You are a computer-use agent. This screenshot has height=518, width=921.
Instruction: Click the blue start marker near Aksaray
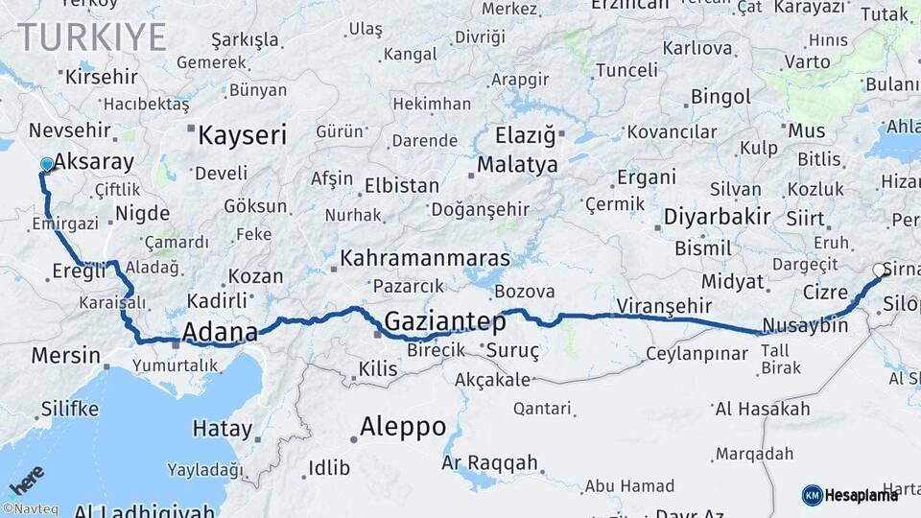(46, 165)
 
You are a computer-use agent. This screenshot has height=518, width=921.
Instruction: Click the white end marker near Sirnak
(878, 271)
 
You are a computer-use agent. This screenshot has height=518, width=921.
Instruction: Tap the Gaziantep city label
(444, 321)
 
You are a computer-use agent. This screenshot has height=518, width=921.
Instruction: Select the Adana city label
(220, 333)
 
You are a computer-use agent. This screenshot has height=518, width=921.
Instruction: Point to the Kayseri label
(242, 135)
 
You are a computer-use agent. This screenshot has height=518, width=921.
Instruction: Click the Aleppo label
(403, 426)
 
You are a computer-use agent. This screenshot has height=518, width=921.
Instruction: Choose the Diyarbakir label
(718, 217)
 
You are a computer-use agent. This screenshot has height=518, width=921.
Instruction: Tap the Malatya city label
(517, 165)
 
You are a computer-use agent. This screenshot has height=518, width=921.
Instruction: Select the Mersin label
(65, 356)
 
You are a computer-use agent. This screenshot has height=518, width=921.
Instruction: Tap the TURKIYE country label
(93, 37)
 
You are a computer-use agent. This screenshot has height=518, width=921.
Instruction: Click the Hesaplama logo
(850, 495)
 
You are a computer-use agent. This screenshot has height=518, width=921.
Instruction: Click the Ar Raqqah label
(489, 463)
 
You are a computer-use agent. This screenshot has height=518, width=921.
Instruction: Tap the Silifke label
(69, 410)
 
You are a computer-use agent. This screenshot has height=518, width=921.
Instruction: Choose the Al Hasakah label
(763, 410)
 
